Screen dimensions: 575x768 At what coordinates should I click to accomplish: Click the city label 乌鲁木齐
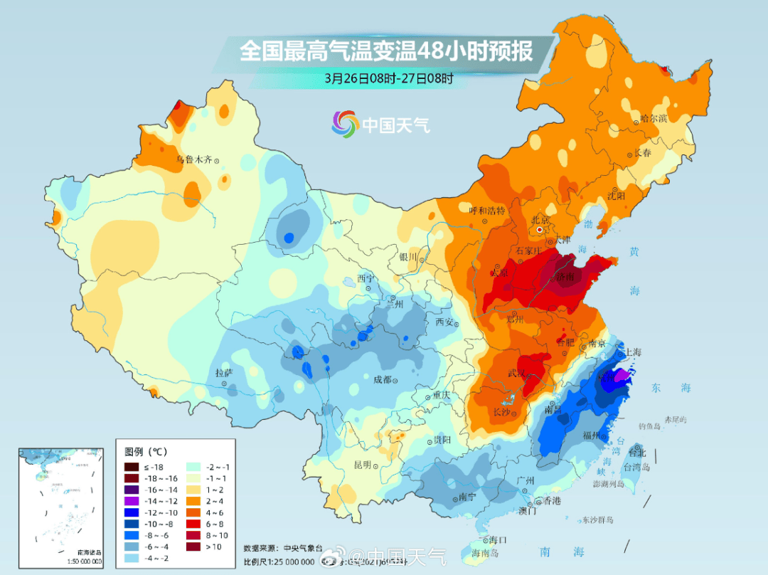(194, 160)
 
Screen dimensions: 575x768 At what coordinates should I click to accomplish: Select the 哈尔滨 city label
(653, 118)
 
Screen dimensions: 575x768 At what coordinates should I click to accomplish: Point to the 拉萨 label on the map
(224, 373)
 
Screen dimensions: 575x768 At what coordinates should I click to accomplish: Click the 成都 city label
(382, 379)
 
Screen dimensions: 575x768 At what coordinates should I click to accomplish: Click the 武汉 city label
(516, 374)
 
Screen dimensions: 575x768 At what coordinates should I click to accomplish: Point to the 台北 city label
(637, 453)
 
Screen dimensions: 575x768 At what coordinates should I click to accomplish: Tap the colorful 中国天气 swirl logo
(345, 125)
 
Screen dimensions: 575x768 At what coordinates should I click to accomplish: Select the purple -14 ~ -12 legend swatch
(132, 501)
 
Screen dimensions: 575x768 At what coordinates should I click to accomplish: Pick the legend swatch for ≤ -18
(132, 467)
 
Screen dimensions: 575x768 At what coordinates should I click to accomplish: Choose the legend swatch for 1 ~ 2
(193, 490)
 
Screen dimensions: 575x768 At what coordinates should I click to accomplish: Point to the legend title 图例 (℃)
(146, 452)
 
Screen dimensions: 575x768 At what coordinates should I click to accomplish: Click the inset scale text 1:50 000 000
(80, 561)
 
